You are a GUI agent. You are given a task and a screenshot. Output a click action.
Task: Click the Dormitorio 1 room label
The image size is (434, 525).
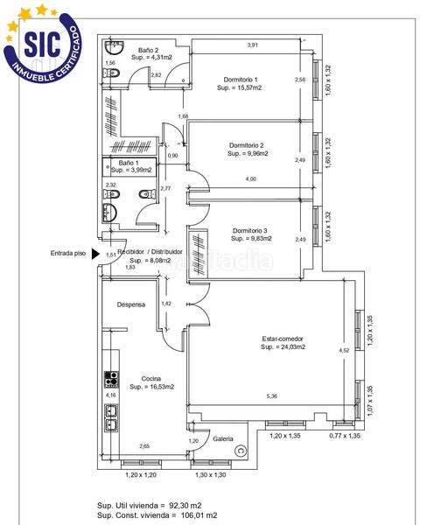tap(240, 80)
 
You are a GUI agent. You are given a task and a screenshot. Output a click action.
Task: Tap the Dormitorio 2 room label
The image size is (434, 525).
tap(246, 145)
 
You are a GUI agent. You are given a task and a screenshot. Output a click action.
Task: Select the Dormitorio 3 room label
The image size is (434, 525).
tap(250, 231)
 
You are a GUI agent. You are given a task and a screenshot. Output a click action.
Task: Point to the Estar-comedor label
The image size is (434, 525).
tap(283, 339)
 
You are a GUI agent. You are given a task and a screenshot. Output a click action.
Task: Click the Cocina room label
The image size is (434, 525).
tap(151, 379)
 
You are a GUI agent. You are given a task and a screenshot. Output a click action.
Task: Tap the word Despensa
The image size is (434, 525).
tap(131, 304)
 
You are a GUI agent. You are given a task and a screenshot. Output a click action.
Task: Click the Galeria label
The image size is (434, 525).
tap(223, 438)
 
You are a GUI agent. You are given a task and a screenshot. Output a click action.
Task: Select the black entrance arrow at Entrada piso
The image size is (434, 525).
tap(95, 254)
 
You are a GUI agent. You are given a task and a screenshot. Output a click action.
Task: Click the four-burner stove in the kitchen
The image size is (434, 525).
tap(111, 379)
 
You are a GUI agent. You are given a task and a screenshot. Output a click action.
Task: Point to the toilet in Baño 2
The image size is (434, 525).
tap(111, 73)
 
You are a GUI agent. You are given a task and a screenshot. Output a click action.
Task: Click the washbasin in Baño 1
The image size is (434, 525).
tap(109, 213)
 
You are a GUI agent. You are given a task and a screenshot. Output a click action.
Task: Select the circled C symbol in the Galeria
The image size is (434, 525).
tap(241, 451)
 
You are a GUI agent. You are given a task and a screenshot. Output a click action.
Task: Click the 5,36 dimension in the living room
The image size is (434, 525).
tap(271, 396)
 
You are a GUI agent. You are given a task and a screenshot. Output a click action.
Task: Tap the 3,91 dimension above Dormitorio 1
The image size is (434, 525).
tap(252, 45)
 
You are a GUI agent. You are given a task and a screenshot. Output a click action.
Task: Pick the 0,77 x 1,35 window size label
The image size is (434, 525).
tap(345, 436)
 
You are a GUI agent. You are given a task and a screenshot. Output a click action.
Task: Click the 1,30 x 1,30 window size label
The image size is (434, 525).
tap(211, 475)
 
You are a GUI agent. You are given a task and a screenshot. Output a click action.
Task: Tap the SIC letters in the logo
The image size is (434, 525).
tap(43, 44)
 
